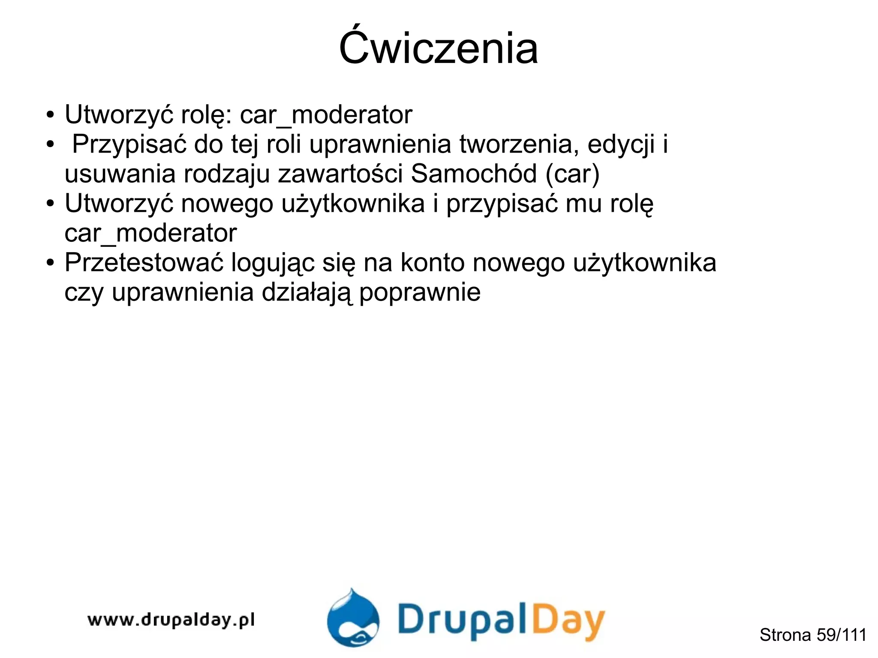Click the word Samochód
[x=473, y=174]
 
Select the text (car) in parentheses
[x=572, y=174]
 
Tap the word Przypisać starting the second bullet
[x=129, y=144]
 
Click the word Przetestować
[x=144, y=262]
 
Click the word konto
[x=433, y=262]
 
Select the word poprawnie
[x=420, y=293]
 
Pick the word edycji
[x=621, y=145]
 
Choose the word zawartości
[x=340, y=174]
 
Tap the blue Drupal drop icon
[x=353, y=618]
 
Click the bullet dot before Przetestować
[x=51, y=262]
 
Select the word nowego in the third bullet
[x=227, y=204]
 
